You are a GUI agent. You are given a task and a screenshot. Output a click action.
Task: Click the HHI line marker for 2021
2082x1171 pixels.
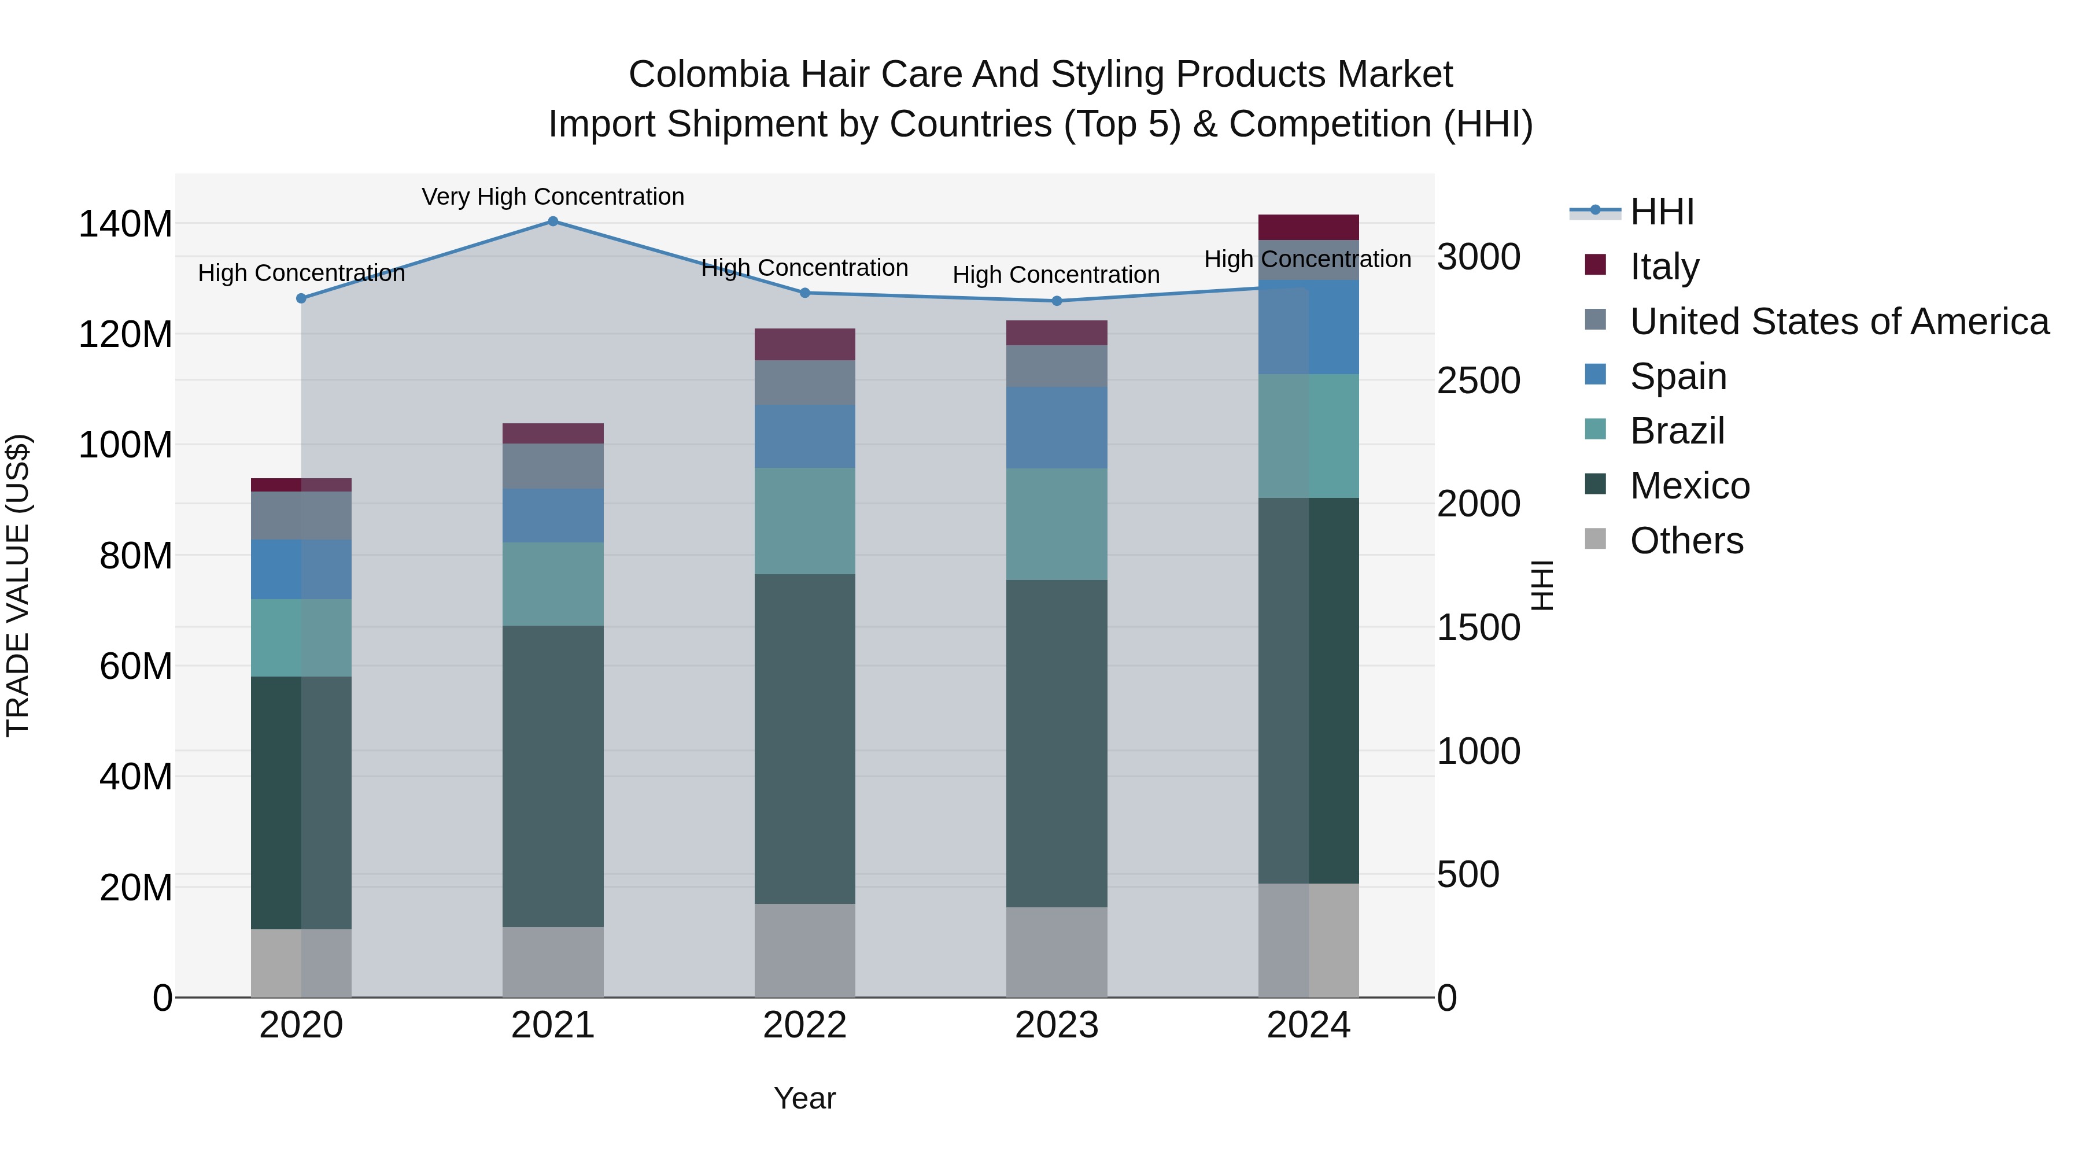(553, 221)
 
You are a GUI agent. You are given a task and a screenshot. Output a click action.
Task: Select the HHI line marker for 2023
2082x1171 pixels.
(1057, 301)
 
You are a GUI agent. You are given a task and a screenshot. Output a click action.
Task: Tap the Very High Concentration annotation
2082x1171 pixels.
(553, 197)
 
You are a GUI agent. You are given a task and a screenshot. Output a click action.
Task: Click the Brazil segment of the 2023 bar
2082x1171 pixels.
(1057, 524)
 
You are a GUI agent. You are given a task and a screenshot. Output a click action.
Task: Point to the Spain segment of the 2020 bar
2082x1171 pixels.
(301, 569)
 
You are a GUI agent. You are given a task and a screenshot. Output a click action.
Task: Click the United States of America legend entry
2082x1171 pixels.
(1839, 321)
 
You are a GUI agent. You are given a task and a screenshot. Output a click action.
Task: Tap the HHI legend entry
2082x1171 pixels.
(1662, 212)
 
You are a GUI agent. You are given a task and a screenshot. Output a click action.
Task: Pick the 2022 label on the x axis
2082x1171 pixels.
(804, 1025)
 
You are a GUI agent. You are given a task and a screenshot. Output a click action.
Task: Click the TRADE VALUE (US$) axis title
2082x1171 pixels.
(18, 585)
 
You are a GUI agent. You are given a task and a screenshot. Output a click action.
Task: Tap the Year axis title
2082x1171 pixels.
(804, 1098)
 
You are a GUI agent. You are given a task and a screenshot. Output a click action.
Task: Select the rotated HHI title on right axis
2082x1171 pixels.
(1542, 585)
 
